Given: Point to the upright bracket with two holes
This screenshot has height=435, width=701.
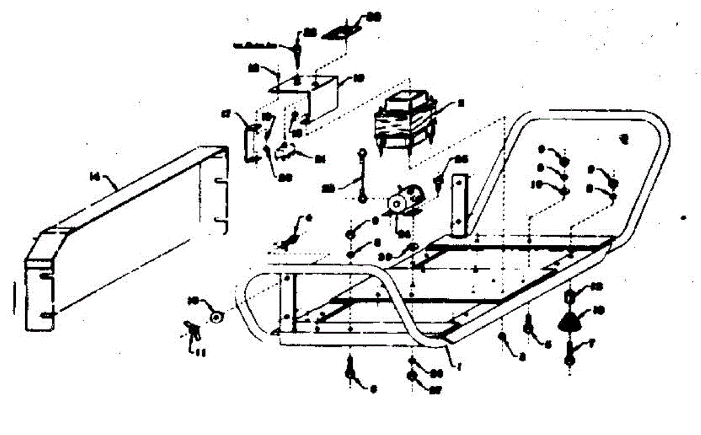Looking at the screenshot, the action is [460, 205].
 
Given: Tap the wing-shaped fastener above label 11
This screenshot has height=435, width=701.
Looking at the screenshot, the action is [191, 330].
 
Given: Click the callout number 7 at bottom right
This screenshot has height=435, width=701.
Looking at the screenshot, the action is [592, 346].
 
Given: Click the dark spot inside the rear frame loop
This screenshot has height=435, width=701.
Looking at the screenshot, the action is [624, 139].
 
